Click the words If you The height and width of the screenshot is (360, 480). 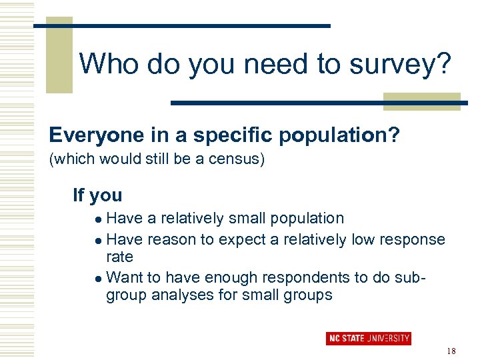(97, 195)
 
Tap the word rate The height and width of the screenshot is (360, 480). (120, 257)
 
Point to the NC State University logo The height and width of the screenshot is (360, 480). (369, 338)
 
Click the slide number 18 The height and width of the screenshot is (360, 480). (451, 351)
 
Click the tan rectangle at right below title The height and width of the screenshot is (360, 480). (421, 101)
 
